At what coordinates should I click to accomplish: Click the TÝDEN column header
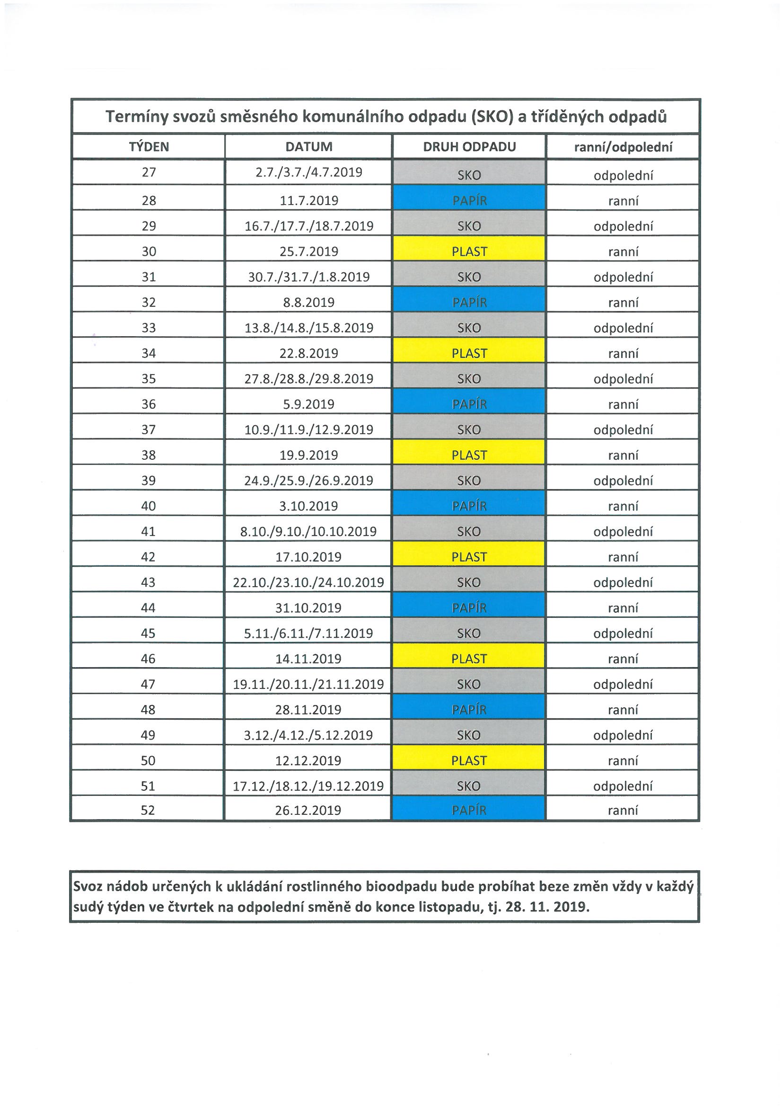click(x=149, y=147)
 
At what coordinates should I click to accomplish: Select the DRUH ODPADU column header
click(x=469, y=147)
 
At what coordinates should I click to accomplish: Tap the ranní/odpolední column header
click(x=623, y=147)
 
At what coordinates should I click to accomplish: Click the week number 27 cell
click(x=149, y=173)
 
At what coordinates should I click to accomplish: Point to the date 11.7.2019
click(x=309, y=201)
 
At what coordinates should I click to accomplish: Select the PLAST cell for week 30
click(x=469, y=251)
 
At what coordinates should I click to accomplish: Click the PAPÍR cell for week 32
click(x=469, y=302)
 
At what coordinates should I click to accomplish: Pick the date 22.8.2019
click(x=309, y=353)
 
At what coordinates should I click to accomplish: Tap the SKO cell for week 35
click(x=469, y=379)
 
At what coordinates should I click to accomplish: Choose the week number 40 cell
click(x=149, y=506)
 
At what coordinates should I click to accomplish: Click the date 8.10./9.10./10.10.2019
click(x=308, y=531)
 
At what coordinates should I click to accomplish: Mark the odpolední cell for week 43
click(x=623, y=582)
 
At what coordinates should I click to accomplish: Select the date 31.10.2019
click(x=308, y=607)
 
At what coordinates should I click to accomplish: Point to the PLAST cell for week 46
click(x=469, y=659)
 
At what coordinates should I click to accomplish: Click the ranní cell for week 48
click(x=623, y=710)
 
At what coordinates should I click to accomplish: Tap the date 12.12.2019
click(x=308, y=760)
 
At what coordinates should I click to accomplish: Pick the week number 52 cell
click(x=148, y=810)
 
